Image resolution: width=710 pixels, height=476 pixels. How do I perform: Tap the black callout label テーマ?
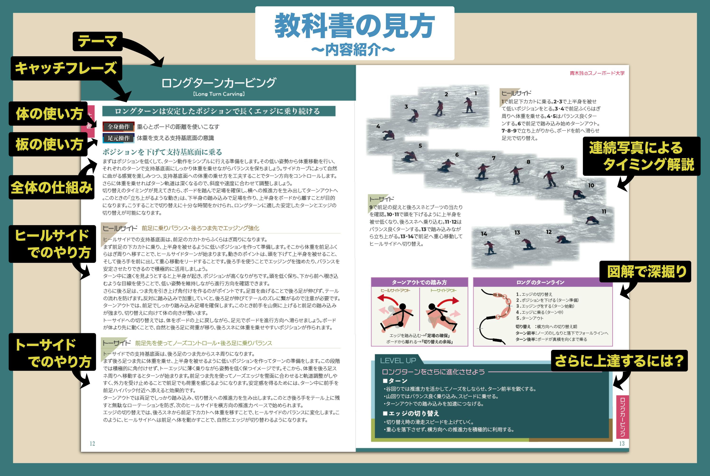click(x=97, y=41)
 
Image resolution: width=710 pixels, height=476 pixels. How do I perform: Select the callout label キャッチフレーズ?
click(x=66, y=68)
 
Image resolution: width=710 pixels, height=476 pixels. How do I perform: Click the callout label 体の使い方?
click(x=49, y=114)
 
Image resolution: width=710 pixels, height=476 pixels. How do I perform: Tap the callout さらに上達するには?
click(x=619, y=361)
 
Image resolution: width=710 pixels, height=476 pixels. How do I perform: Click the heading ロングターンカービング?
click(x=218, y=83)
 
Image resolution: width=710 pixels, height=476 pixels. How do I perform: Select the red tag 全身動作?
click(x=118, y=127)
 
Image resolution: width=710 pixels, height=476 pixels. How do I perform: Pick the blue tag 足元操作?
click(x=118, y=138)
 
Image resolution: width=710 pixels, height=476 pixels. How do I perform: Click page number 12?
click(x=92, y=444)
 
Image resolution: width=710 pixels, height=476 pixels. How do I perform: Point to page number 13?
click(x=622, y=444)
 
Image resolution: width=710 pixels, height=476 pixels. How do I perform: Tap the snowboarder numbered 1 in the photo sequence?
click(x=469, y=105)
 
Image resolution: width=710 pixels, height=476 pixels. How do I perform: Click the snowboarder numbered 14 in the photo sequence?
click(x=489, y=247)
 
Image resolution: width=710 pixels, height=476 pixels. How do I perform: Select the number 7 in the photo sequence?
click(x=494, y=158)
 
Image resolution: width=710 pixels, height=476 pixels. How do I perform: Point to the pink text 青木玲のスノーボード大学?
click(x=597, y=73)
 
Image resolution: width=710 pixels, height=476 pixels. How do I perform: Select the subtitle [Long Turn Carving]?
click(x=218, y=94)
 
